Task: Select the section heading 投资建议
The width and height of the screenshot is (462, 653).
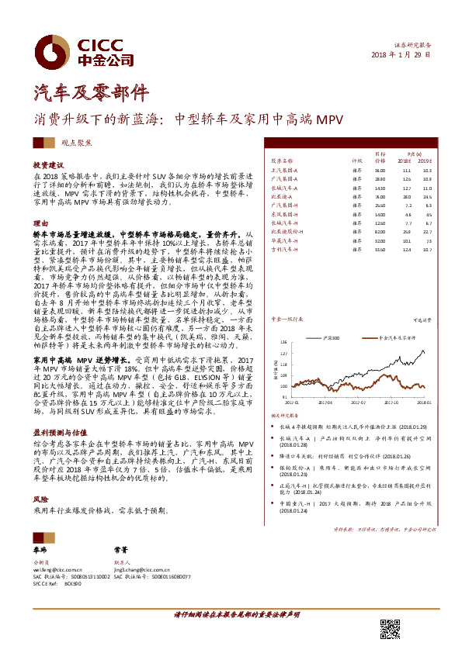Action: (x=47, y=166)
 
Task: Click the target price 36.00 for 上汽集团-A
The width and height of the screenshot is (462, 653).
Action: (x=380, y=170)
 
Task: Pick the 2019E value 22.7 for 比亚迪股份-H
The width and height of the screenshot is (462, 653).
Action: (x=426, y=231)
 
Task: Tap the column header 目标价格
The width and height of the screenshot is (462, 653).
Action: (x=380, y=157)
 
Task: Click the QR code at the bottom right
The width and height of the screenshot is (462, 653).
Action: (x=390, y=629)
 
